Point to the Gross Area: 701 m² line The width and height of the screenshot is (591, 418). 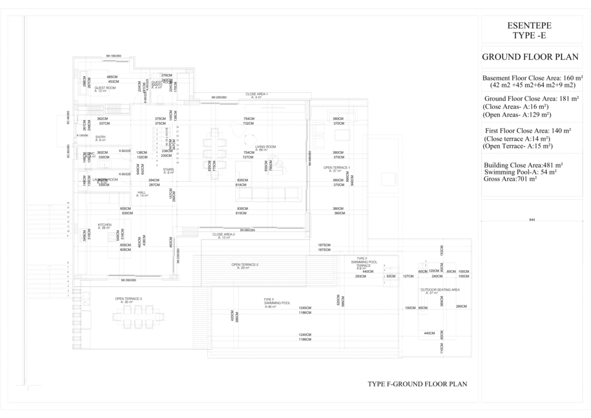(x=511, y=180)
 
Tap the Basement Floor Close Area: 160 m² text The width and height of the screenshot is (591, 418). (x=532, y=78)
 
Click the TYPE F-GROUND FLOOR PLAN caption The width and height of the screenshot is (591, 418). (x=417, y=383)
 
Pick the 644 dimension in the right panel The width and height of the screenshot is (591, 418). (x=532, y=220)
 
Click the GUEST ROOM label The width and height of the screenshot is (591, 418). (x=105, y=88)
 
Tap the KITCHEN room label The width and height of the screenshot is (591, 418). (x=104, y=225)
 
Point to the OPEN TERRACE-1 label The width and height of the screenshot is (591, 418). (x=337, y=168)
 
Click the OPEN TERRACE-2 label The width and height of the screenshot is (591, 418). (x=245, y=265)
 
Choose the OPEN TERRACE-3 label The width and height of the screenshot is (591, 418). (x=128, y=298)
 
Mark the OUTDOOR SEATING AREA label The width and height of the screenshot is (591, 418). (x=439, y=290)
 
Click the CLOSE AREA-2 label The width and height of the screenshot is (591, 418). (x=223, y=235)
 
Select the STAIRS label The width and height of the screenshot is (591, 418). (x=169, y=170)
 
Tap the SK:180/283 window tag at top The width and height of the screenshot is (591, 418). (x=114, y=56)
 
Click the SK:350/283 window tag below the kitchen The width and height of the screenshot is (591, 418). (x=129, y=281)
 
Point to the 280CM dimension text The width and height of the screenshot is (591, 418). (x=461, y=307)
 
